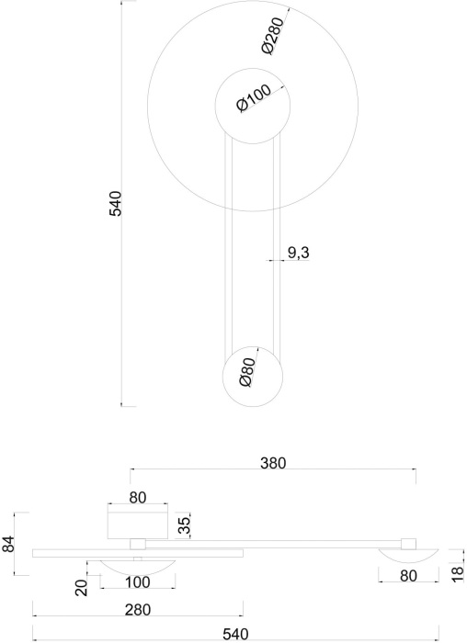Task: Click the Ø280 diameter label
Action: (x=273, y=35)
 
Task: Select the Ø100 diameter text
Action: (x=254, y=98)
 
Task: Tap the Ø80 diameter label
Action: (x=246, y=372)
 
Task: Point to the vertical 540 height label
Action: (x=115, y=203)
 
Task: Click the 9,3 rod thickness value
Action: (x=298, y=253)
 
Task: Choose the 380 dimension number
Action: (x=273, y=463)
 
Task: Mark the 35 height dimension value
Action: (x=185, y=525)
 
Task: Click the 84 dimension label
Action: (x=8, y=544)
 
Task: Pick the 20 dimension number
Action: (x=83, y=588)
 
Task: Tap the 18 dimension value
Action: (x=458, y=574)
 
